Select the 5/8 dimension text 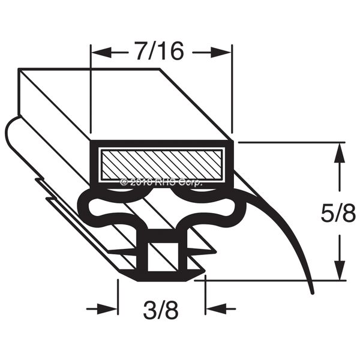coord(338,214)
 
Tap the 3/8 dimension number coord(161,310)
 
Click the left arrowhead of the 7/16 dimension coord(102,53)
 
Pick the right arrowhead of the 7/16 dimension coord(221,53)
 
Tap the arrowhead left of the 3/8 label coord(107,309)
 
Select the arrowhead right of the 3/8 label coord(216,309)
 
